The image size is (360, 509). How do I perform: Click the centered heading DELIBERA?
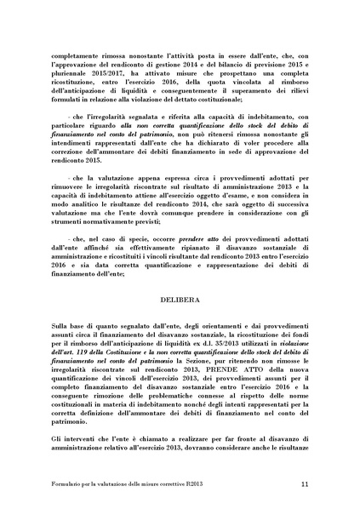point(180,276)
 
